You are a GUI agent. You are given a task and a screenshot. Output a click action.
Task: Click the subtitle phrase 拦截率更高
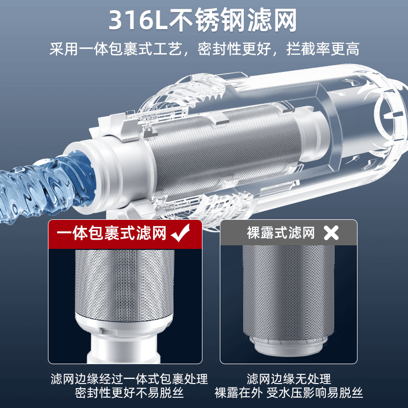pyautogui.click(x=323, y=48)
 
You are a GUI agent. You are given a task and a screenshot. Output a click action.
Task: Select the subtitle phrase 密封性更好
pyautogui.click(x=234, y=48)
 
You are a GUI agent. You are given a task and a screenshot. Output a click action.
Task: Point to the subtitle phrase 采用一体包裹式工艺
pyautogui.click(x=116, y=48)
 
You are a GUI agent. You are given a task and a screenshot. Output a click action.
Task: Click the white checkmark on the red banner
pyautogui.click(x=181, y=233)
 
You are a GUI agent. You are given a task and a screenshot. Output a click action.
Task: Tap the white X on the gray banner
pyautogui.click(x=331, y=233)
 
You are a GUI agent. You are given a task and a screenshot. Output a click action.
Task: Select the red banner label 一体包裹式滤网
pyautogui.click(x=111, y=233)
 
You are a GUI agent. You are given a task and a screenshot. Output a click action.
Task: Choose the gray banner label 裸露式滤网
pyautogui.click(x=281, y=233)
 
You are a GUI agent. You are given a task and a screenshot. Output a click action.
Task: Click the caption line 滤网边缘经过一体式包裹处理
pyautogui.click(x=129, y=379)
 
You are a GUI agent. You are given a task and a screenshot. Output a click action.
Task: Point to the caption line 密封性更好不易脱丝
pyautogui.click(x=129, y=393)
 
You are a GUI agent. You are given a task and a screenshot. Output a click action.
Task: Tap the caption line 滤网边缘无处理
pyautogui.click(x=289, y=379)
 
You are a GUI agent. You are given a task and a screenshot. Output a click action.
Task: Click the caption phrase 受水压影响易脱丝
pyautogui.click(x=315, y=393)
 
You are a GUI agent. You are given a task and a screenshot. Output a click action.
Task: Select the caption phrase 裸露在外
pyautogui.click(x=238, y=393)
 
